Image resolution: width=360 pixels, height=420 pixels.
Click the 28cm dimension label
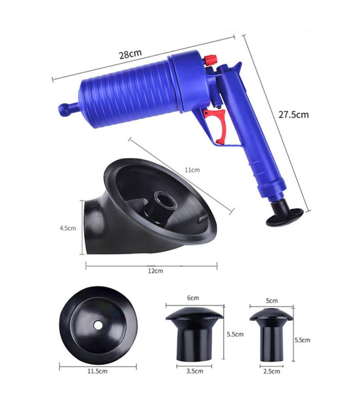(x=130, y=54)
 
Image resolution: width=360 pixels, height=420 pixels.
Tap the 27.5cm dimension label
(x=294, y=115)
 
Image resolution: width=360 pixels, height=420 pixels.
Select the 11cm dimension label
(x=192, y=170)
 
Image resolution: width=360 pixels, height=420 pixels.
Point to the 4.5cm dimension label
(x=67, y=228)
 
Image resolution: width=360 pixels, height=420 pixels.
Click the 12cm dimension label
(x=155, y=271)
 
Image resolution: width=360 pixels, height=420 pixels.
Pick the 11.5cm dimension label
(x=98, y=371)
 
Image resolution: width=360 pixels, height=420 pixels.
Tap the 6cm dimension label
(x=193, y=298)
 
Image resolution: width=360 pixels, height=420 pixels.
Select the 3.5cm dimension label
(x=195, y=371)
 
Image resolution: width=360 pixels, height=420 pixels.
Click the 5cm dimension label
(x=272, y=301)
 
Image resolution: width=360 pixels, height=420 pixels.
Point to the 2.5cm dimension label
(x=272, y=372)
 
